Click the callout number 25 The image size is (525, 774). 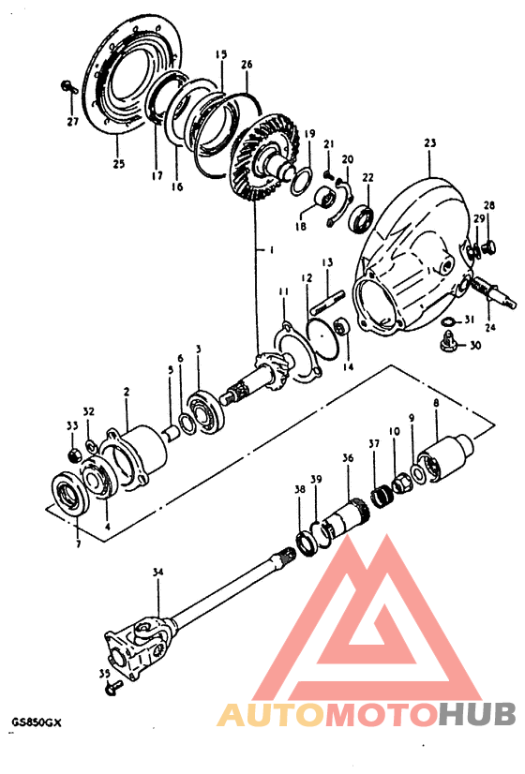119,164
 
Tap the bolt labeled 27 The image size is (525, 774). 70,88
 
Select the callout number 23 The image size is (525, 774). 430,143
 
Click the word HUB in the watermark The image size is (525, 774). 477,714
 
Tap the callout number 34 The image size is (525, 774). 157,573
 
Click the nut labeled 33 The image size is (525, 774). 73,454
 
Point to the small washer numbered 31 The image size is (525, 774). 447,321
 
